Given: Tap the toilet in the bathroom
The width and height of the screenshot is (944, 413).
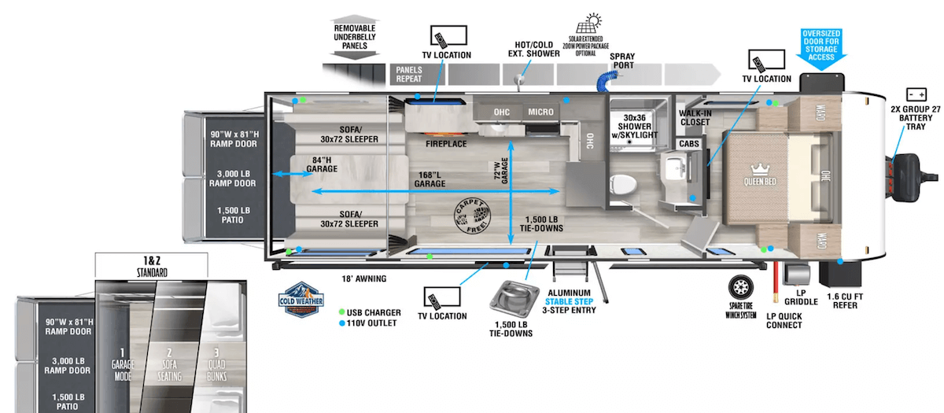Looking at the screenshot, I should (x=622, y=183).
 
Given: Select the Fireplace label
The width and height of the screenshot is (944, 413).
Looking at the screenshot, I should (x=446, y=144).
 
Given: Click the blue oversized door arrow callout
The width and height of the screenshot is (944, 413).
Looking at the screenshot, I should (x=823, y=48).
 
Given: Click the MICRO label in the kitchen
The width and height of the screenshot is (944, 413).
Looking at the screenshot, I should (x=540, y=112).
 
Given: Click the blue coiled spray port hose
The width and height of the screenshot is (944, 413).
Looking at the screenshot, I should (x=607, y=78).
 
